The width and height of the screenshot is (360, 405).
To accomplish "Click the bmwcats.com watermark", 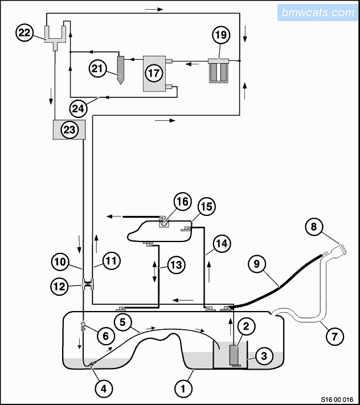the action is (x=318, y=13).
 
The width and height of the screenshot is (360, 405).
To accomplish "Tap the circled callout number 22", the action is (x=24, y=32).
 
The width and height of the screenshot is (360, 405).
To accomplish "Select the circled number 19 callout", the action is (x=221, y=35).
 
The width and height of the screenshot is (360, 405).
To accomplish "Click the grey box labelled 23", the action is (x=69, y=130).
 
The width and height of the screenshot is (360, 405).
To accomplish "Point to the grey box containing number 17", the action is (x=154, y=73).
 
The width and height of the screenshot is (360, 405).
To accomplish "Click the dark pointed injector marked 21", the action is (x=121, y=70).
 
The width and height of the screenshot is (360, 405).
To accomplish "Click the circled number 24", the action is (x=78, y=108).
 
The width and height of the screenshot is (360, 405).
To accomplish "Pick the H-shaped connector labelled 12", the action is (x=88, y=284).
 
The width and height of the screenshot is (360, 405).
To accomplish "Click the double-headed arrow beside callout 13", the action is (x=155, y=272).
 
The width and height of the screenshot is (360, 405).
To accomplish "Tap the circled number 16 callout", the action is (x=183, y=202).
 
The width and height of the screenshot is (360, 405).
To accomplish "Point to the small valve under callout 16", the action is (x=163, y=224).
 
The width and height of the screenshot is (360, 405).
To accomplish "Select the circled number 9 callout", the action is (x=256, y=264).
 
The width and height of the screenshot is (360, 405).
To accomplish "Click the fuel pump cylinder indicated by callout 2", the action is (x=234, y=354).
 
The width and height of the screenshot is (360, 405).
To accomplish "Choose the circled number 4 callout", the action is (x=104, y=388).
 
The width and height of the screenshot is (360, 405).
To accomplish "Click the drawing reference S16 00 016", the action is (x=337, y=399).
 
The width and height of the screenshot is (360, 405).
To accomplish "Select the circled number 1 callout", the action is (x=183, y=388).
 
